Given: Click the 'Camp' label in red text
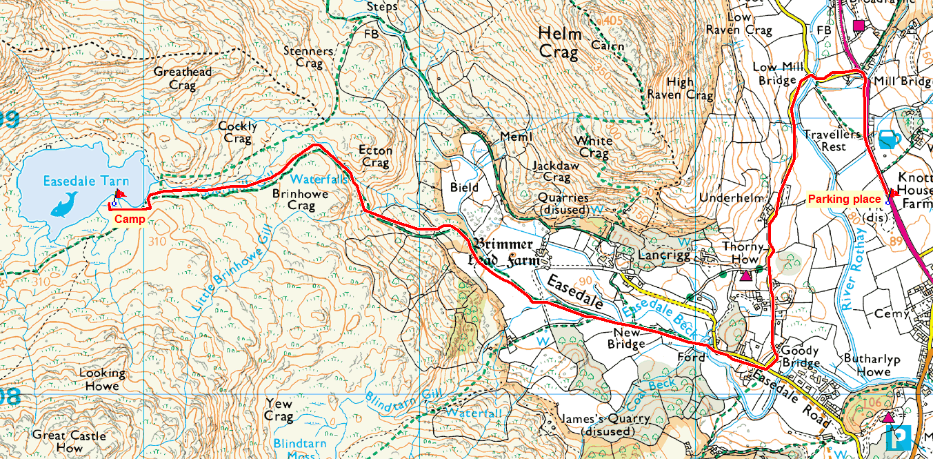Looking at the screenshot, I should coord(130,219).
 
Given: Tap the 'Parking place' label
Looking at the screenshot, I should coord(844,199).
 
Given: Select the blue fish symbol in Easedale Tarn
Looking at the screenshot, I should coord(66,205).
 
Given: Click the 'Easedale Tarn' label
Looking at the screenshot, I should coord(86,182).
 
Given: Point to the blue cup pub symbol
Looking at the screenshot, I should coord(889,139).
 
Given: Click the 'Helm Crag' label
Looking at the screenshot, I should coord(560,43).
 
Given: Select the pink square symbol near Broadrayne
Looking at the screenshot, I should coord(859,26).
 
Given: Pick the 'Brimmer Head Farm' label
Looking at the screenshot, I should coord(503,253).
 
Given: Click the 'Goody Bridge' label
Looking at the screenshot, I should coord(800,357).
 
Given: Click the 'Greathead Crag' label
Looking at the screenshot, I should coord(183,79).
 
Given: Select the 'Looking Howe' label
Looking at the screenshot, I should coord(102,380).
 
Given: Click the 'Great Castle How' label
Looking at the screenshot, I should coord(69,442).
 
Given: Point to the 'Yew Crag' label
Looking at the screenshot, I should coord(279,410).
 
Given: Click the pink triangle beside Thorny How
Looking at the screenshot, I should coord(745,276).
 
